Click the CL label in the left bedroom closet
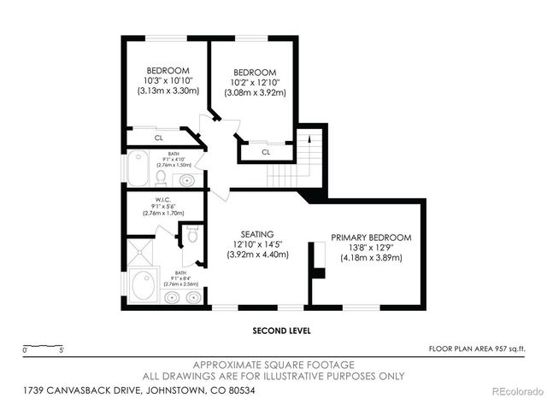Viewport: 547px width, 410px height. [159, 138]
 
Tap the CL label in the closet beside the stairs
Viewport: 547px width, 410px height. [266, 152]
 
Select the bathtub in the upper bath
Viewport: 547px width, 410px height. [138, 167]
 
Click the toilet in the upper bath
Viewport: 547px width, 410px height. [160, 177]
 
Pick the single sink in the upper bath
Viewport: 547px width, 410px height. [187, 179]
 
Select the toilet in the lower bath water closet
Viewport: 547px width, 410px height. [191, 234]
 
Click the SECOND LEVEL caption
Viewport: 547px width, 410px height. [281, 330]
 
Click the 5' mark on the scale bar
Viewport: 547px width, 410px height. [62, 349]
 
